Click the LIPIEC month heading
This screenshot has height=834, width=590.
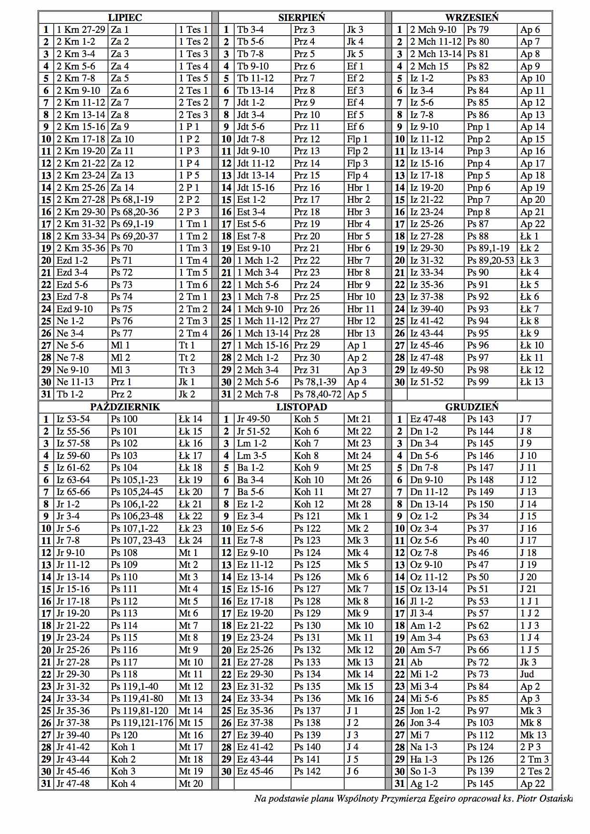(x=125, y=18)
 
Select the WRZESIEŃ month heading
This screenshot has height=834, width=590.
(x=471, y=18)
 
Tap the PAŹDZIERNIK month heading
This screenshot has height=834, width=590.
(x=125, y=407)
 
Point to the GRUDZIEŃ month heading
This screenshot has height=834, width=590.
(x=471, y=407)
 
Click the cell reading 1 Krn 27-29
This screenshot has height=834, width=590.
(x=80, y=30)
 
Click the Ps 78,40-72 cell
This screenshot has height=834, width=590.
(x=318, y=394)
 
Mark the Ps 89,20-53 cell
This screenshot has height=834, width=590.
(x=490, y=260)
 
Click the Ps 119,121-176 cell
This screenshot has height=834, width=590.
(x=142, y=723)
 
